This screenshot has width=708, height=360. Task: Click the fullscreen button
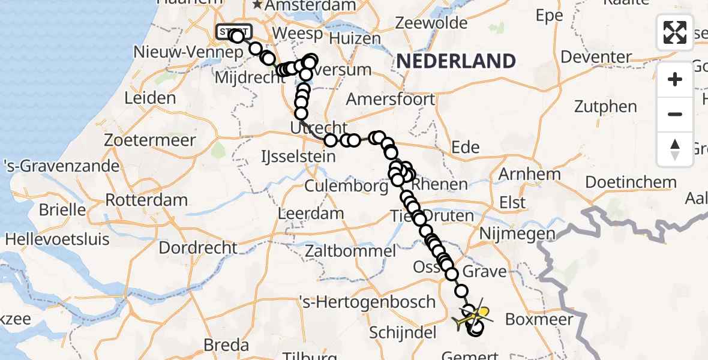point(675,32)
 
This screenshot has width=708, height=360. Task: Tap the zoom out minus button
point(675,114)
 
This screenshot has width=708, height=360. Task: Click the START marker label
point(234,32)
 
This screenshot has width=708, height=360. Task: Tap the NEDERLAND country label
point(455,61)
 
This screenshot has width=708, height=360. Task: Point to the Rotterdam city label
point(146,200)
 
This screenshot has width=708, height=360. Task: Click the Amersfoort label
point(390,98)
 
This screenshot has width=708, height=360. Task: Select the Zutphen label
point(605,107)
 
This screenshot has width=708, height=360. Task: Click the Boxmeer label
point(539,319)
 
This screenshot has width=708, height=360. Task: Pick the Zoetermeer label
point(149,140)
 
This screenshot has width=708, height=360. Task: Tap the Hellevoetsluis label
point(58,239)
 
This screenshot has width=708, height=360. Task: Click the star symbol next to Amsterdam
point(258,5)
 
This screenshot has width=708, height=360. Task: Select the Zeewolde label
point(431,23)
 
